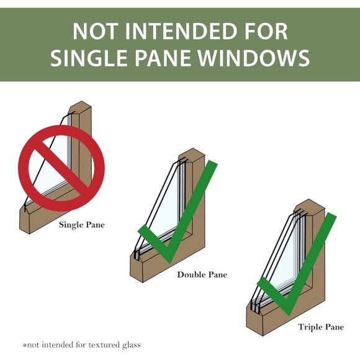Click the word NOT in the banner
coord(96,31)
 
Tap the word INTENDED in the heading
coord(181,31)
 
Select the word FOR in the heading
coord(266,31)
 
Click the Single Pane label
coord(82,225)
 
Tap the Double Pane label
coord(202,274)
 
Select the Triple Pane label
coord(321,327)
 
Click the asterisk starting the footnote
coord(25,345)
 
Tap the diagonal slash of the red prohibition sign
coord(61,168)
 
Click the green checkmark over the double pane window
coord(178,212)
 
